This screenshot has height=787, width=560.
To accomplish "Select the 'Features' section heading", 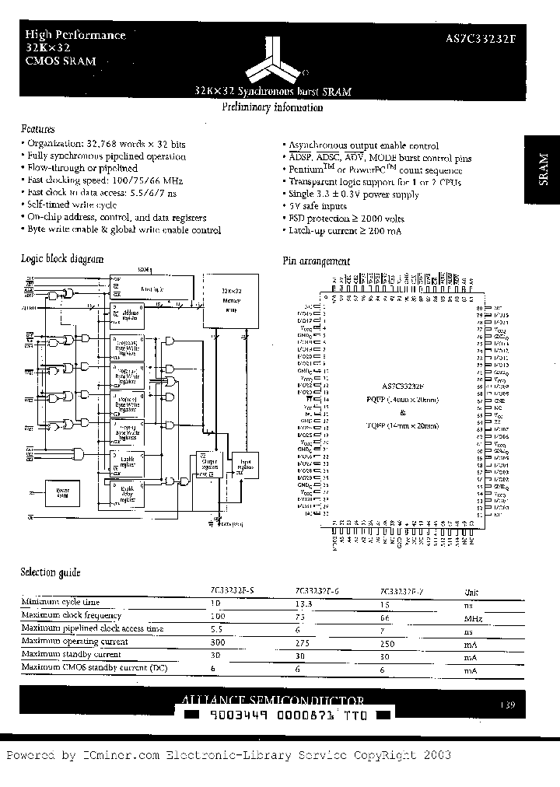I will click(x=38, y=129).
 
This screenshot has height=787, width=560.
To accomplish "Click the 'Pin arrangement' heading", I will click(x=316, y=262).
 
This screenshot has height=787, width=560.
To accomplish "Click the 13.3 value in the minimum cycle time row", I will click(x=305, y=603).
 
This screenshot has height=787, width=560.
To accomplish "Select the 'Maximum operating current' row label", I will click(x=75, y=642).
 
